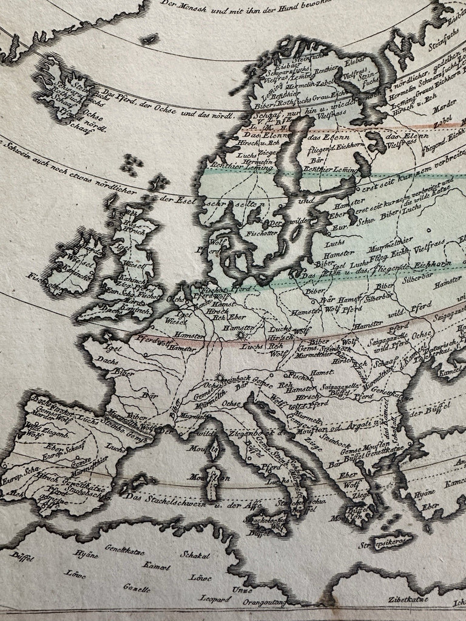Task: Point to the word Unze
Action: click(241, 589)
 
